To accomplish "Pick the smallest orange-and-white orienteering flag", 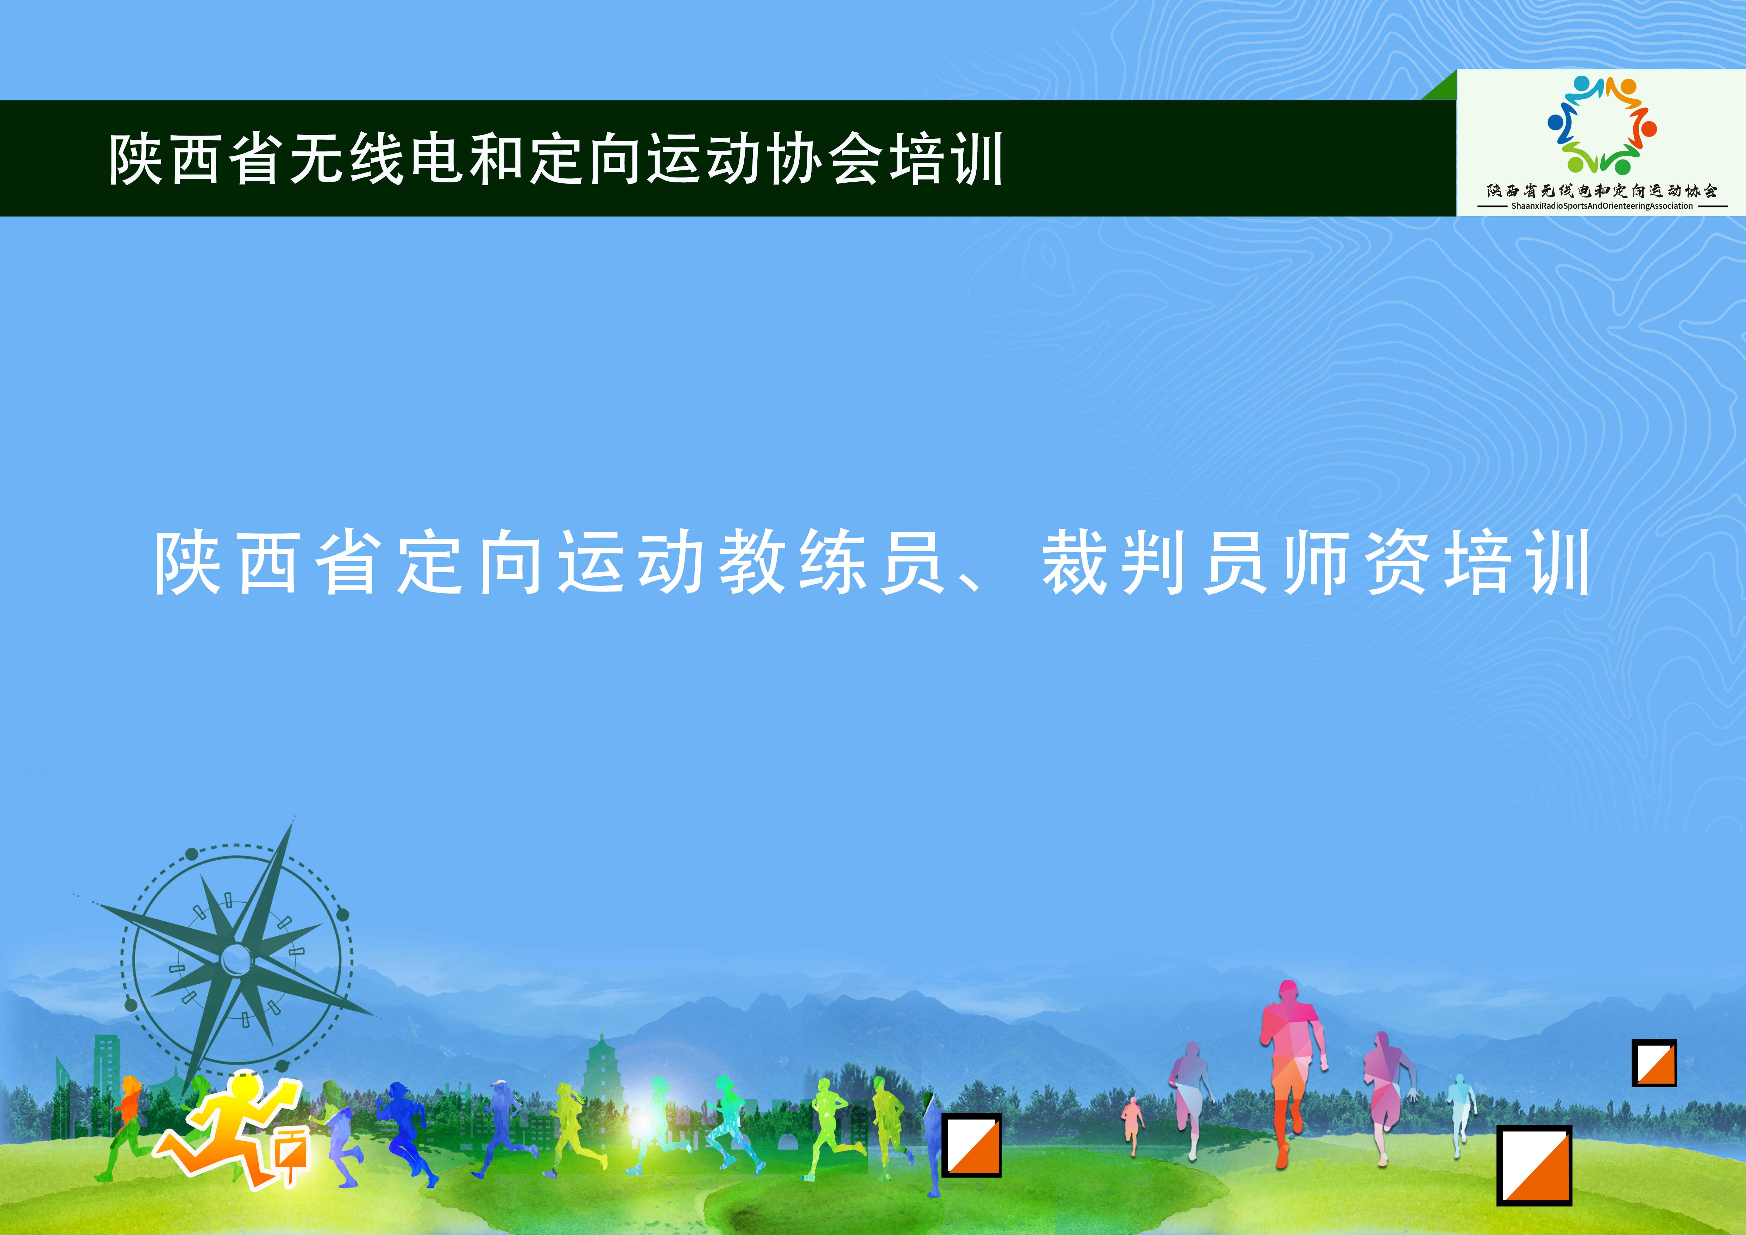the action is [1654, 1062].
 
